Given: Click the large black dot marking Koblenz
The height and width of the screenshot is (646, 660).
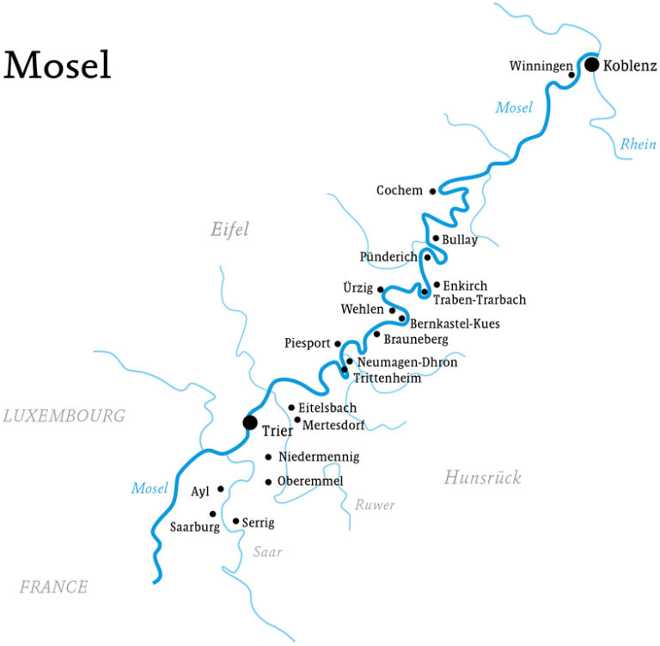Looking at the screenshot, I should click(591, 65).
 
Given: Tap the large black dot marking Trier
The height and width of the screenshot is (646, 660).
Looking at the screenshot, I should click(250, 422).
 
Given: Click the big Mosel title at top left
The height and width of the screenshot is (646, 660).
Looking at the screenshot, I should click(58, 66).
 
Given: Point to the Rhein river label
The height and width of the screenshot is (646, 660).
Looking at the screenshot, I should click(638, 145).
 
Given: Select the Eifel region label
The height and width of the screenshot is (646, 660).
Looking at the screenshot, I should click(229, 229).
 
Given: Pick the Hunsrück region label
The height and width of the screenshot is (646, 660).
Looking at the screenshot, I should click(482, 478).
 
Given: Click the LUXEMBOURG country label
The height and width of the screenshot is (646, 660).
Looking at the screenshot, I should click(64, 416).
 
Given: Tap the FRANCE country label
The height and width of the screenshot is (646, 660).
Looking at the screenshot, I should click(53, 588).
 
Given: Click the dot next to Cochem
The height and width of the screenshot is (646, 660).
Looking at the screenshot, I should click(432, 191).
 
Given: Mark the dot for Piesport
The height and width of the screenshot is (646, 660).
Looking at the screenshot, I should click(338, 343).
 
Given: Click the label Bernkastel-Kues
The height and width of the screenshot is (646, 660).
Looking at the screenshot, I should click(455, 324).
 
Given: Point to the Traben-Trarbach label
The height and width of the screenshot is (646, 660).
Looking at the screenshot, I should click(480, 300).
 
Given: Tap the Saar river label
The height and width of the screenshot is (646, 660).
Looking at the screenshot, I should click(267, 552).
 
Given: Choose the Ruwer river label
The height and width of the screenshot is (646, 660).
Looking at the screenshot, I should click(375, 505).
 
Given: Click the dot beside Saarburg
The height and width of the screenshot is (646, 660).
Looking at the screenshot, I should click(213, 514).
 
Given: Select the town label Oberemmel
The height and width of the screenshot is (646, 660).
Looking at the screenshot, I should click(310, 482).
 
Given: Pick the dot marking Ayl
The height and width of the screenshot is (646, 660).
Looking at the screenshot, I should click(221, 489).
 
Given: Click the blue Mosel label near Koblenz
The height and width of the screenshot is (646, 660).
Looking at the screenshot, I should click(514, 108).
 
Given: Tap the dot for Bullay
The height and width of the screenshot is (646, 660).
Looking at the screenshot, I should click(436, 238).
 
